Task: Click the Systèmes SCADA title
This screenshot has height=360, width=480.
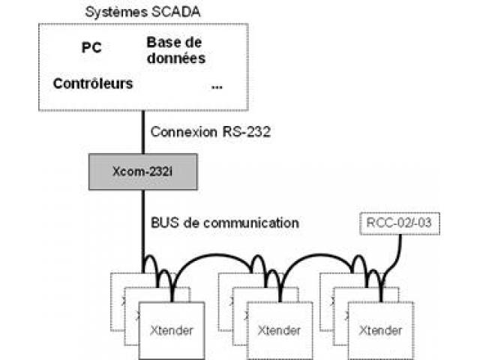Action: coord(142,12)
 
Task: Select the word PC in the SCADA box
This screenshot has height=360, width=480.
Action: coord(91,47)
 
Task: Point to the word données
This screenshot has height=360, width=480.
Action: coord(176,58)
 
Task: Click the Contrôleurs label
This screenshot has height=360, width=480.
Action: coord(93,83)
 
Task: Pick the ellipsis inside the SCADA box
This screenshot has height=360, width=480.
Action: coord(217,87)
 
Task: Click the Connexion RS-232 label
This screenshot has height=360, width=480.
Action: coord(211,132)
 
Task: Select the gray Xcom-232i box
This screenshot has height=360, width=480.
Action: coord(143,172)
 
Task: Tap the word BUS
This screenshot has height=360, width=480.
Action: coord(165,223)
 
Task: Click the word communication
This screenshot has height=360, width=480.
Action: coord(251,223)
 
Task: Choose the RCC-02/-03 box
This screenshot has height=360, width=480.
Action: coord(400,223)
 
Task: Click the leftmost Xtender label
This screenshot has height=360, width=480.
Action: coord(172,330)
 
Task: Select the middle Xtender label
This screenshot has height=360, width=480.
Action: coord(279,330)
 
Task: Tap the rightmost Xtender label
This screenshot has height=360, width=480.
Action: coord(380,330)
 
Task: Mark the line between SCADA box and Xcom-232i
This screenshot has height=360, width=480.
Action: coord(143,132)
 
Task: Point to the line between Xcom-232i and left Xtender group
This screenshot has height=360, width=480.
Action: coord(143,232)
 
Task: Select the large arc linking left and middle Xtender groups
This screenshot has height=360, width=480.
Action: coord(211,255)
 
